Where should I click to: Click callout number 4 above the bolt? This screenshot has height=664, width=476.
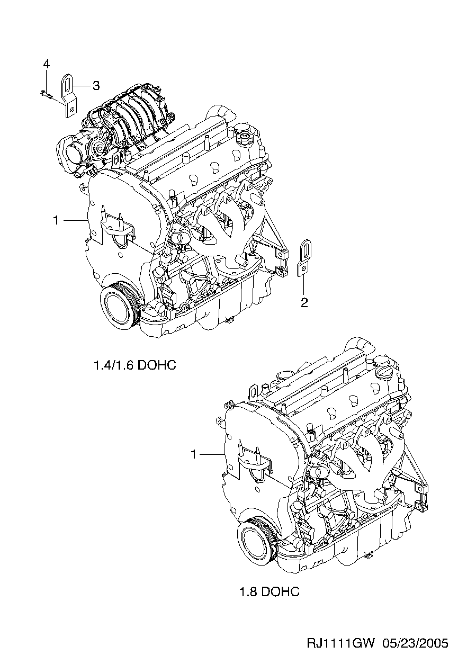47,64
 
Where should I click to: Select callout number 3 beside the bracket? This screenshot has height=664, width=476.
96,86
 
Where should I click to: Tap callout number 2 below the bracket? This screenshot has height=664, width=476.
304,302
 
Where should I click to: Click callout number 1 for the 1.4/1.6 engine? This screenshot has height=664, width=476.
56,220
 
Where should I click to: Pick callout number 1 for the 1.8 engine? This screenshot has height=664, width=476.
193,454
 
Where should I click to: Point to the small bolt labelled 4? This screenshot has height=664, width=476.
46,94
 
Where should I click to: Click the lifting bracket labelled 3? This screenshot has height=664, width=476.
68,96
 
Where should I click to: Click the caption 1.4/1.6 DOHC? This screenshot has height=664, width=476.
135,365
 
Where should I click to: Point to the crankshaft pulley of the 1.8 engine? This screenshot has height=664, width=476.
257,539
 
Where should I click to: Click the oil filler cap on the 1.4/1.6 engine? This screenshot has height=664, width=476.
245,137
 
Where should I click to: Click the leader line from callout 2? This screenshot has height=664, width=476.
304,286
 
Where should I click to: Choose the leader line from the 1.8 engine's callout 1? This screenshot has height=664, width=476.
212,454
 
